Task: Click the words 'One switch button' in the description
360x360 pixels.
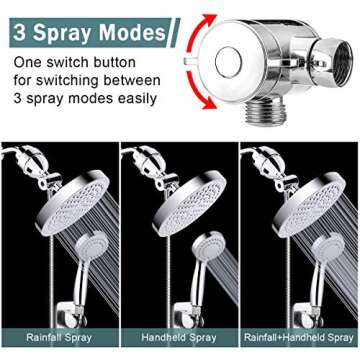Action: coord(71,62)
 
